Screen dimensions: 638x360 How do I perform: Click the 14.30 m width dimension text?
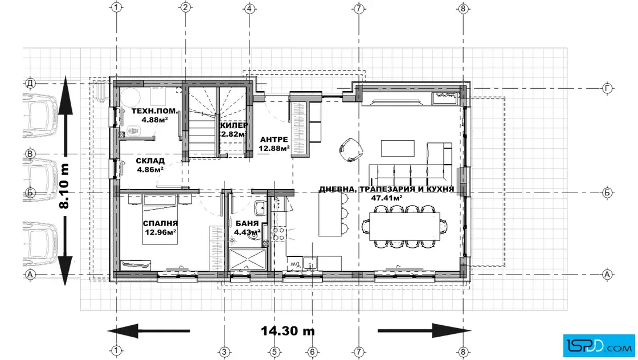point(288,331)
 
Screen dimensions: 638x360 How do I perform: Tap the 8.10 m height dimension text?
point(65,186)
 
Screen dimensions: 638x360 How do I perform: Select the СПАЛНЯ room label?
point(160,223)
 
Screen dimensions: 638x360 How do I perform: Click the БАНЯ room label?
point(247,223)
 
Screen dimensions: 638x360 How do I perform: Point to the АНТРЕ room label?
point(274,140)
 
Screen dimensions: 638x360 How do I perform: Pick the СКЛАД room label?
point(150,161)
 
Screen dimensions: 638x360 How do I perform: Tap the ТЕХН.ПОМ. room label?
point(154,111)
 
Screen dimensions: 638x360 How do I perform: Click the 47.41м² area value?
point(387,198)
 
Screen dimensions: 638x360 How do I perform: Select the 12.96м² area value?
point(160,232)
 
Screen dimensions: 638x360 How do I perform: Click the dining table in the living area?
point(404,226)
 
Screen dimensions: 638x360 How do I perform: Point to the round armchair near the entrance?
point(350,150)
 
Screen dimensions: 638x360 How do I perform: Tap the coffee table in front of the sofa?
point(398,148)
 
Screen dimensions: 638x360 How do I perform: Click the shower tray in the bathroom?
point(247,259)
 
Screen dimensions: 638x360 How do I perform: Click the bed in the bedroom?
point(160,220)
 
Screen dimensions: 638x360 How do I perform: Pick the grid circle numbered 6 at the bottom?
point(312,352)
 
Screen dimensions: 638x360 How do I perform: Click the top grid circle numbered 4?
point(250,8)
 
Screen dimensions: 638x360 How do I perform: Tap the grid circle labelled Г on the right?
point(607,88)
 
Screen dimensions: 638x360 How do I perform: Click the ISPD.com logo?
point(599,345)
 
